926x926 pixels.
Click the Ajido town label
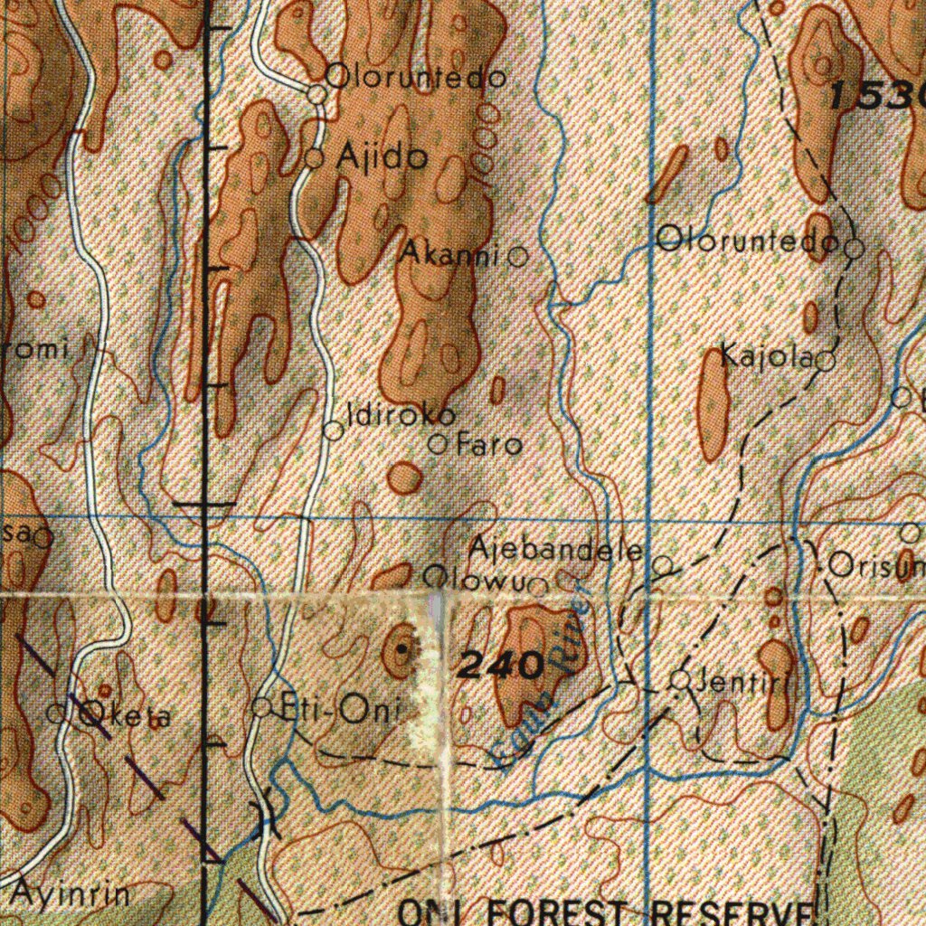(x=381, y=158)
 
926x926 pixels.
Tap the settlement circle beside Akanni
(x=518, y=257)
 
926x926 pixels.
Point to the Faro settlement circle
(x=438, y=444)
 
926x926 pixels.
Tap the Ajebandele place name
(x=555, y=549)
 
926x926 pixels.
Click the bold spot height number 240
(x=500, y=666)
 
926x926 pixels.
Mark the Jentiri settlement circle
(x=682, y=680)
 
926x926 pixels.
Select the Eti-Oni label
(x=340, y=711)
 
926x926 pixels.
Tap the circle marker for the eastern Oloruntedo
(x=855, y=246)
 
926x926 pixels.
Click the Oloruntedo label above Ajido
(x=415, y=78)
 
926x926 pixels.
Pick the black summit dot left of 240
(x=402, y=649)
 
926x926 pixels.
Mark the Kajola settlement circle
(x=826, y=362)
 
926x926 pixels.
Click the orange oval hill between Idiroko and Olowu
(x=404, y=477)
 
